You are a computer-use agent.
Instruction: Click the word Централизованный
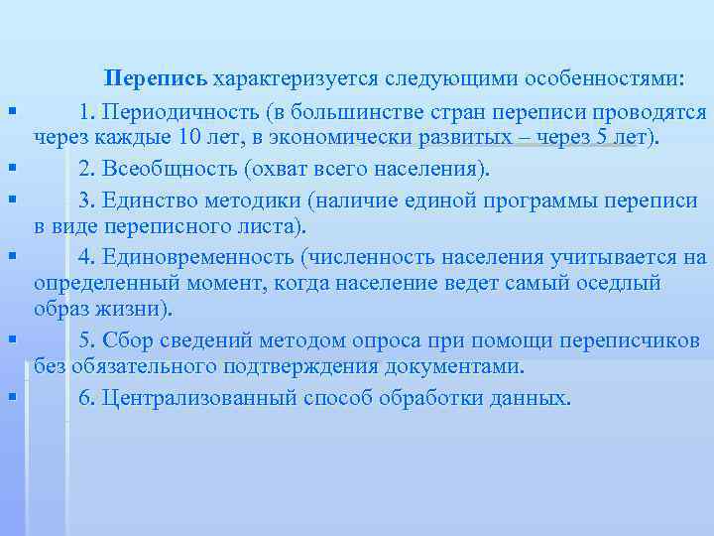[193, 398]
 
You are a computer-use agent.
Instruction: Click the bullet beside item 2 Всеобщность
[11, 170]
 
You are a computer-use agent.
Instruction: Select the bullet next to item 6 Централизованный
[11, 399]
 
